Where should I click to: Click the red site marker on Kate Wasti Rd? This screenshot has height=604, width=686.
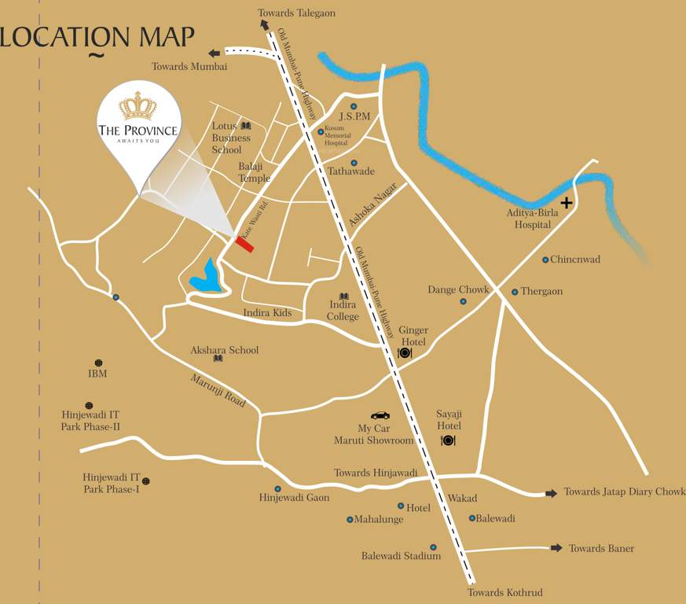(244, 245)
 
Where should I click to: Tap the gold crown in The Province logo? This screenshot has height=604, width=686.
(138, 106)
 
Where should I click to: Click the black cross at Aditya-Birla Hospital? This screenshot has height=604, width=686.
(566, 203)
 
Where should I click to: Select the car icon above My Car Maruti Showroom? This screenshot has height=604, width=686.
(380, 415)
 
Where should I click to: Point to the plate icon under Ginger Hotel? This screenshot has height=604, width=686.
(405, 353)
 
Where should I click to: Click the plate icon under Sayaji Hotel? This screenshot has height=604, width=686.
(448, 440)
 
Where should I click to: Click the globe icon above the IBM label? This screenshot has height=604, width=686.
(98, 363)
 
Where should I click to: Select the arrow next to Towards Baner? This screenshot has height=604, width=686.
(556, 547)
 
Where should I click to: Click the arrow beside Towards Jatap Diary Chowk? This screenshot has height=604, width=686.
(551, 492)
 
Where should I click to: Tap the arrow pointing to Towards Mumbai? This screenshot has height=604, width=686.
(215, 53)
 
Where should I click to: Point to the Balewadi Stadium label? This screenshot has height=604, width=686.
(401, 556)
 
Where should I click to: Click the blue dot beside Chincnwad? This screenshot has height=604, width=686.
(545, 260)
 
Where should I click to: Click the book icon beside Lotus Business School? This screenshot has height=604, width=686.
(246, 126)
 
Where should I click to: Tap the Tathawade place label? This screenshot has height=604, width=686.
(350, 171)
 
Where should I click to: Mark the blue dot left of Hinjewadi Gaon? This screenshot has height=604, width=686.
(277, 488)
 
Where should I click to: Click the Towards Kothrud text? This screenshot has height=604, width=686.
(504, 592)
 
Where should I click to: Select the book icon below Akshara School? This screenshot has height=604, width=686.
(218, 359)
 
